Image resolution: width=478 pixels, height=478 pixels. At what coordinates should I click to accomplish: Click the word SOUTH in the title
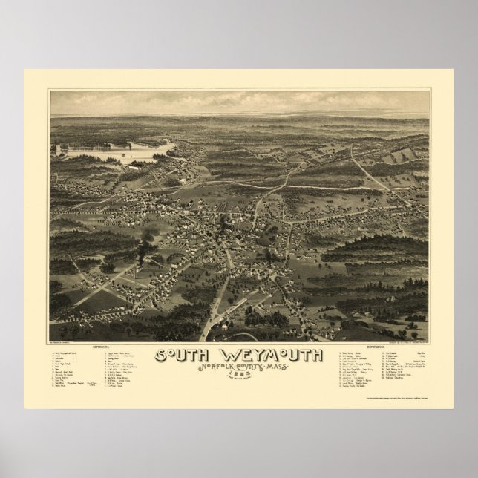pos(180,356)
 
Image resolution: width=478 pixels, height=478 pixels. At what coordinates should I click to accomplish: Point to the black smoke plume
pos(147,235)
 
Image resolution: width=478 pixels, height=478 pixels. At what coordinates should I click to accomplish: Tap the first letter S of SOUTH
pos(159,356)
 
